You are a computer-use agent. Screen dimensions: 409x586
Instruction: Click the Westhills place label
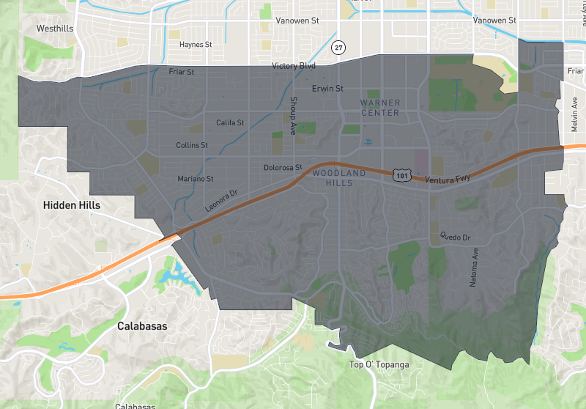tap(57, 29)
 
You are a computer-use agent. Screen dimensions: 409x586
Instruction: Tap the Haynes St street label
tap(196, 45)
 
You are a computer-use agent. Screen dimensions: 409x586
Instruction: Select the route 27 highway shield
tap(338, 48)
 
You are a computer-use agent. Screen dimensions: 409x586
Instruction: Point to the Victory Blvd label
tap(294, 66)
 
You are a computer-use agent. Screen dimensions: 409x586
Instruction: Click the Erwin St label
tap(327, 89)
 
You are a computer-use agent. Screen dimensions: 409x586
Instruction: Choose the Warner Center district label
tap(380, 108)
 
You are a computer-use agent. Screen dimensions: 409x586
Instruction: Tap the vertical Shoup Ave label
tap(293, 115)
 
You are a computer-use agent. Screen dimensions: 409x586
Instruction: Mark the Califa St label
tap(230, 122)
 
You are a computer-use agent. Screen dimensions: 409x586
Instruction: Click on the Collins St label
tap(192, 145)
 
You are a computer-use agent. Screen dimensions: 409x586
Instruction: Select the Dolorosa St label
tap(283, 168)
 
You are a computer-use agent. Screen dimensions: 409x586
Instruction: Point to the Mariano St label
tap(196, 179)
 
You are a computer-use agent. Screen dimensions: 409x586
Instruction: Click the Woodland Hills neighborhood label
tap(338, 177)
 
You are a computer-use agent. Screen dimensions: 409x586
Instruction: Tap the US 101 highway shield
tap(401, 175)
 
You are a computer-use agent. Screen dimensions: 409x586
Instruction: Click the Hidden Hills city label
tap(72, 205)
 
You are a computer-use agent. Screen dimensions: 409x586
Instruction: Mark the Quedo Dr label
tap(454, 237)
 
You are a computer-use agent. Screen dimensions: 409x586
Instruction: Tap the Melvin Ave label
tap(575, 116)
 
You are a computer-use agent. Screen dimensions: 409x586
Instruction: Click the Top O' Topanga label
tap(379, 364)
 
